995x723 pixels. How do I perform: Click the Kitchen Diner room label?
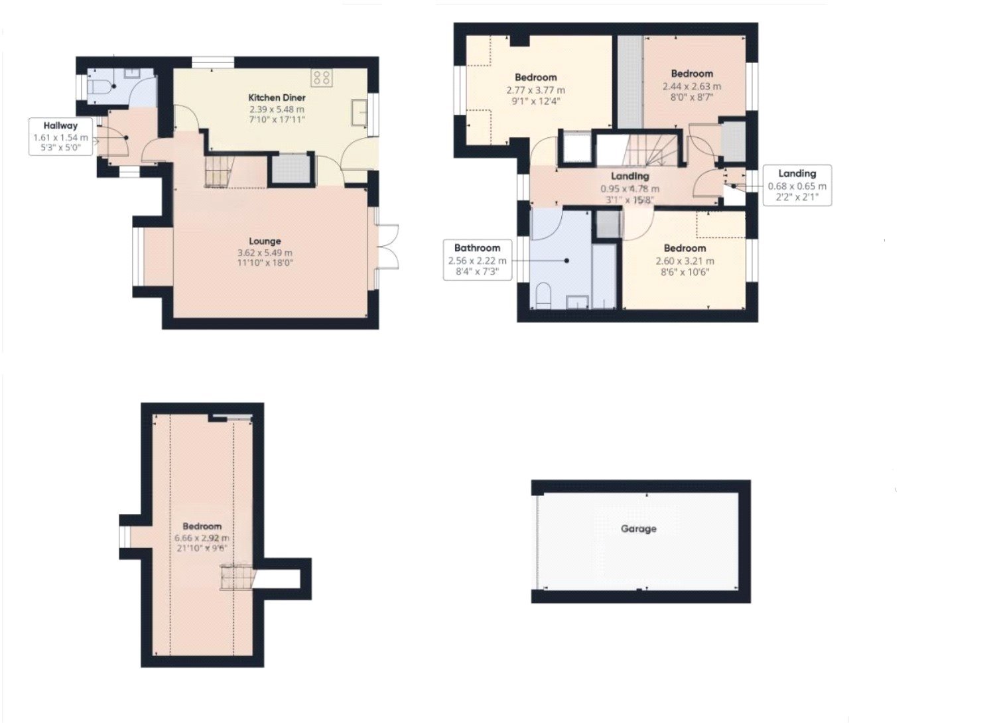click(277, 98)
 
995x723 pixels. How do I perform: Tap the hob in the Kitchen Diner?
click(322, 77)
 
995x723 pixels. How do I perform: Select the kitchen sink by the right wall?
click(361, 112)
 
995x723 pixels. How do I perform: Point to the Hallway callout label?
click(60, 125)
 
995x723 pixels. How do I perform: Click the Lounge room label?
click(265, 241)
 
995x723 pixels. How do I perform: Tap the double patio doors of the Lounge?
click(387, 247)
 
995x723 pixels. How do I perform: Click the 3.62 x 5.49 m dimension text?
click(265, 253)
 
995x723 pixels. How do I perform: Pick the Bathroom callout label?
click(477, 248)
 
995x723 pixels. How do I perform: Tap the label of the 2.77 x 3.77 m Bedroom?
click(535, 77)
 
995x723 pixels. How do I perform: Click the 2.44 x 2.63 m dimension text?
click(692, 86)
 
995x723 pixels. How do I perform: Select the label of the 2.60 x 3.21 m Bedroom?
click(685, 249)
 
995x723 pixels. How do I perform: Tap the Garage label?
click(638, 529)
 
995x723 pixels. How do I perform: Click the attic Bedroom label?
click(202, 527)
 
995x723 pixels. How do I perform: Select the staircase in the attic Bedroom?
click(236, 576)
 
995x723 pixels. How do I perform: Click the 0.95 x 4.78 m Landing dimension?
click(630, 189)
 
